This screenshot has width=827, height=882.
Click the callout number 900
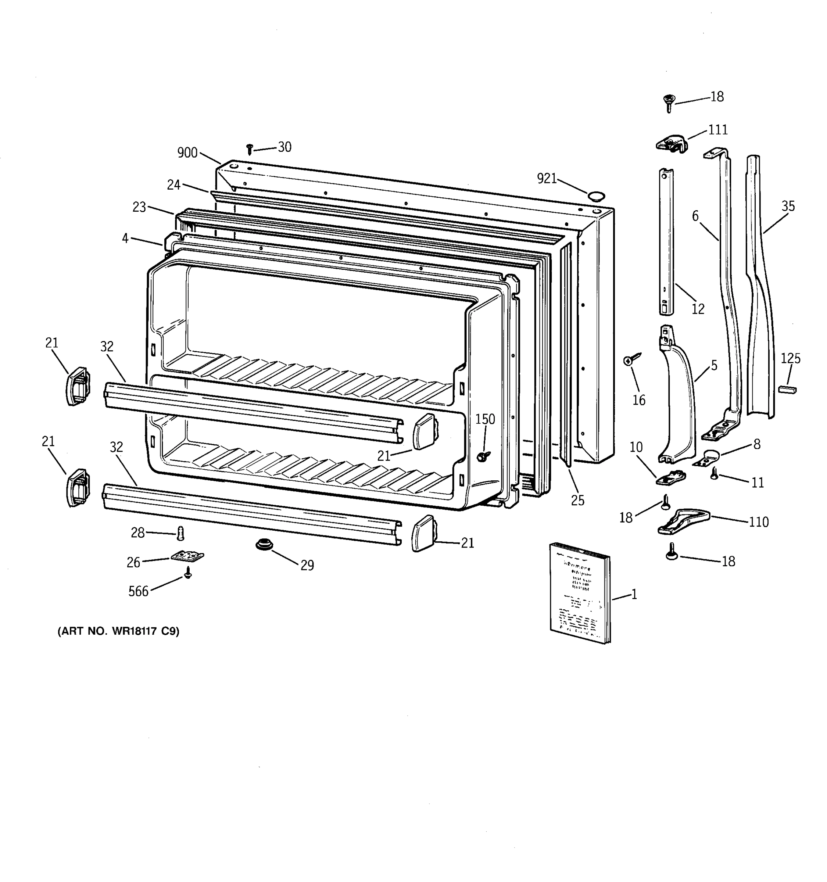[x=187, y=153]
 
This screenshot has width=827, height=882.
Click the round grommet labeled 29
[x=264, y=544]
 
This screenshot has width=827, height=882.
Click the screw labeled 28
[x=180, y=533]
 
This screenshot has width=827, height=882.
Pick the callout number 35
[x=788, y=206]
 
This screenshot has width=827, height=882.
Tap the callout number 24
[x=173, y=185]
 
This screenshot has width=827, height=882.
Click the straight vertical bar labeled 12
[x=666, y=242]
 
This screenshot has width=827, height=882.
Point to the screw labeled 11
[x=714, y=473]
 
